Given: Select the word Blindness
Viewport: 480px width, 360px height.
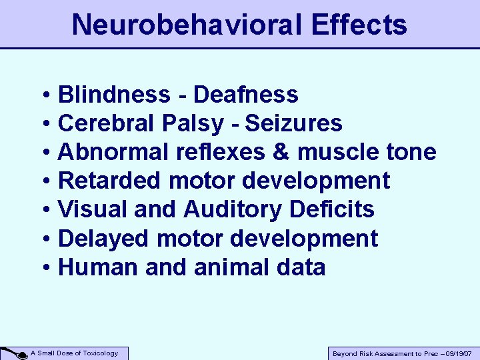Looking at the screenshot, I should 114,95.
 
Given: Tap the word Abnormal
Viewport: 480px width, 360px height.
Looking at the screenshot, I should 114,152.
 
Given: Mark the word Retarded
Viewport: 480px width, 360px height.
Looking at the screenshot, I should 111,181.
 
